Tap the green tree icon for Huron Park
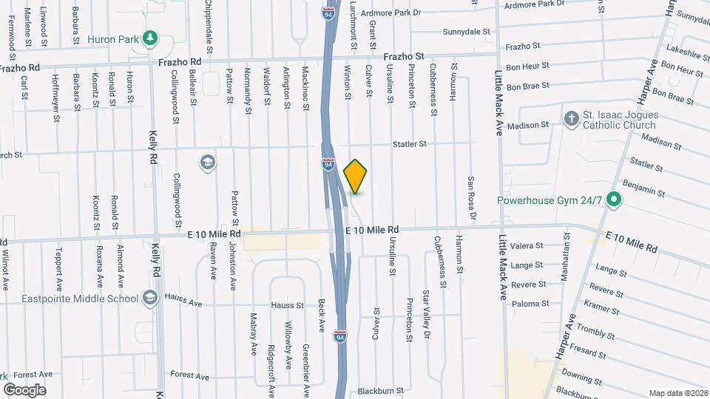[150, 37]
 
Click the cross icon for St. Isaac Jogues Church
[571, 118]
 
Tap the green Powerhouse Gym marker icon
[613, 199]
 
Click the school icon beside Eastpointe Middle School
[151, 298]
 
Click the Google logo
[24, 389]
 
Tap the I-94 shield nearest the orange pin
[328, 164]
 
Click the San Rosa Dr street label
[470, 193]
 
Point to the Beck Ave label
[322, 314]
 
